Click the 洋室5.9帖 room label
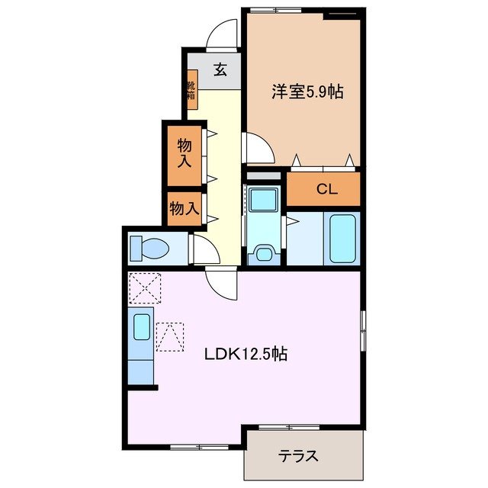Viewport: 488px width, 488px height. (307, 92)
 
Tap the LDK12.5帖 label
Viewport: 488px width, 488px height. (245, 354)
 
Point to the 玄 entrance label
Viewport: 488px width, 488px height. (220, 69)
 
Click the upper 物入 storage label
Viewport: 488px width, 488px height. (185, 153)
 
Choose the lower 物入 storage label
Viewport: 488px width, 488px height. (185, 207)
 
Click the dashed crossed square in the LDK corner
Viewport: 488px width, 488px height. (143, 287)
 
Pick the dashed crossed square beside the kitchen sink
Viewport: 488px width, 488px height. (170, 338)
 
